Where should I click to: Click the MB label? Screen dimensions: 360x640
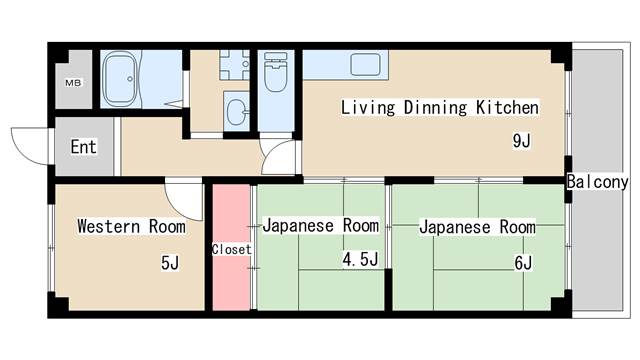pyautogui.click(x=74, y=82)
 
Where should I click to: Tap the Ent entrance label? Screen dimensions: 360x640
pyautogui.click(x=83, y=147)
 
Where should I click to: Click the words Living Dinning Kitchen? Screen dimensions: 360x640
pyautogui.click(x=440, y=107)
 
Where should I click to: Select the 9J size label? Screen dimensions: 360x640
pyautogui.click(x=521, y=141)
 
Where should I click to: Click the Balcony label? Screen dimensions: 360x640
pyautogui.click(x=596, y=182)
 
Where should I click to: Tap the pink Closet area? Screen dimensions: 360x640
pyautogui.click(x=231, y=248)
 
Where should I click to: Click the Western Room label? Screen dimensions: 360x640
pyautogui.click(x=131, y=226)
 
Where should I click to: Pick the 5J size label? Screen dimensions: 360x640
pyautogui.click(x=169, y=263)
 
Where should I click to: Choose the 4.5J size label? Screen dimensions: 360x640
pyautogui.click(x=360, y=261)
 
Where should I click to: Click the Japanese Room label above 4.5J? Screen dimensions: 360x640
pyautogui.click(x=320, y=226)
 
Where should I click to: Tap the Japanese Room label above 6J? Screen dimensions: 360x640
pyautogui.click(x=476, y=227)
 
